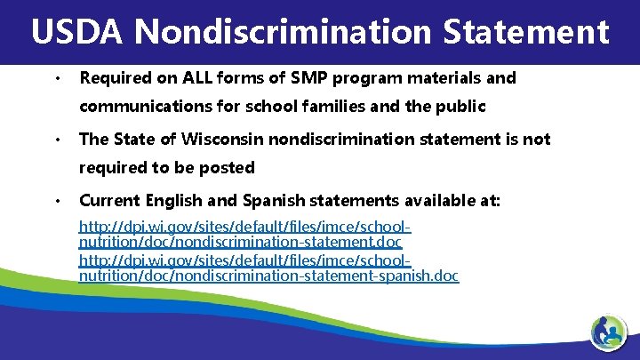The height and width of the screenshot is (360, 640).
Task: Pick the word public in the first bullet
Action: [x=462, y=107]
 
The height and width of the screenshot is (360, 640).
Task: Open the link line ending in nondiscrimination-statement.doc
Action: [x=240, y=242]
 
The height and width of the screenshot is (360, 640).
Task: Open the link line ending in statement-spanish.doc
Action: [x=268, y=276]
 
